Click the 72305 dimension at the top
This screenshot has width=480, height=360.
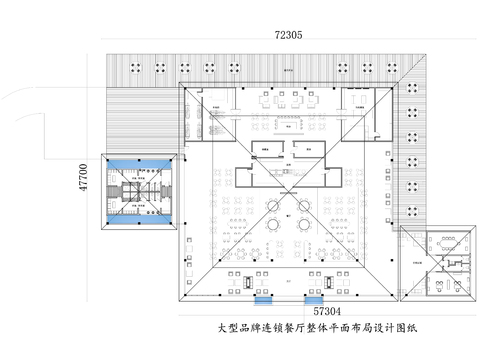pyautogui.click(x=290, y=35)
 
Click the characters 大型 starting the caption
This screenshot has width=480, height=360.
pyautogui.click(x=229, y=327)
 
